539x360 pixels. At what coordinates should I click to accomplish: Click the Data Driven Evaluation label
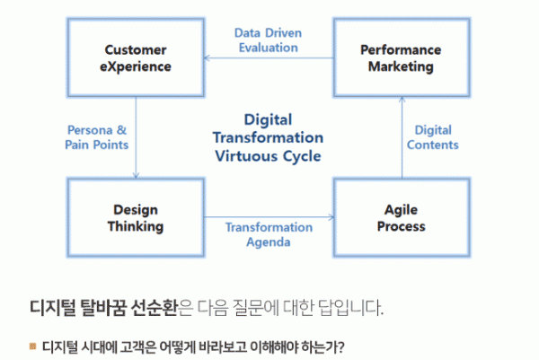[x=268, y=40]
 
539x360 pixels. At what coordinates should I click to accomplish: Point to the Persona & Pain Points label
[x=97, y=137]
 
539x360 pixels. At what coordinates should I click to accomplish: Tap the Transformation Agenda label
[x=269, y=235]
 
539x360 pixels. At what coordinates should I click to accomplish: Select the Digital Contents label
[x=433, y=137]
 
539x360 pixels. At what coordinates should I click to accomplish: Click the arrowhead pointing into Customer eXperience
[x=207, y=57]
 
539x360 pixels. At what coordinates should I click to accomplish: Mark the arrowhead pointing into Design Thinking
[x=136, y=176]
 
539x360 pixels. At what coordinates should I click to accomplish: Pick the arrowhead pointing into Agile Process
[x=331, y=217]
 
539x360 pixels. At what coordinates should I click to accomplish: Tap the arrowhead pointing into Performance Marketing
[x=402, y=100]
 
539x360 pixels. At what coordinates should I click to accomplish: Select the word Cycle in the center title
[x=302, y=157]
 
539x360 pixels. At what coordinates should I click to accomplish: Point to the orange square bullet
[x=33, y=346]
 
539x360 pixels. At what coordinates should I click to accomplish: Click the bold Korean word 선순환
[x=154, y=307]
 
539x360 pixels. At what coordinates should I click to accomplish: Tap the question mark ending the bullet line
[x=340, y=347]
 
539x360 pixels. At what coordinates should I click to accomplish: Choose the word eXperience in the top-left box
[x=136, y=67]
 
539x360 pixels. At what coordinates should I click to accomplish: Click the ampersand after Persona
[x=121, y=130]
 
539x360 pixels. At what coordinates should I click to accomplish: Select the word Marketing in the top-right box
[x=401, y=66]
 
